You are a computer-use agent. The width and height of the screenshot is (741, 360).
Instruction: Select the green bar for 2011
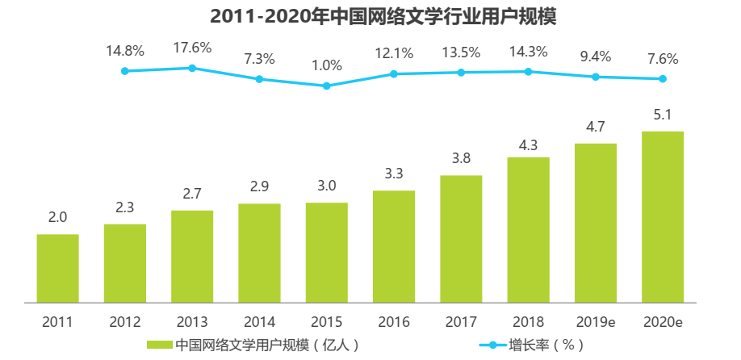pyautogui.click(x=57, y=268)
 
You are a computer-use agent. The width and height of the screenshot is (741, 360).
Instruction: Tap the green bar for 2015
pyautogui.click(x=326, y=252)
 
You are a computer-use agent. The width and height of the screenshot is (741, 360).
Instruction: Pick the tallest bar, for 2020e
pyautogui.click(x=663, y=216)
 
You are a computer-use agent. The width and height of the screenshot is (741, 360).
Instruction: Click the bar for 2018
pyautogui.click(x=528, y=229)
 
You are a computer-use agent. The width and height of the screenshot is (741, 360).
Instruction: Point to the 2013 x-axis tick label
pyautogui.click(x=192, y=322)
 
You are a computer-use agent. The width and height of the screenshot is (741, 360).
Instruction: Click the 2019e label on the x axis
pyautogui.click(x=596, y=322)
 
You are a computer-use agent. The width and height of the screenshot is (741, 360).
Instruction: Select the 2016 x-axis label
pyautogui.click(x=394, y=322)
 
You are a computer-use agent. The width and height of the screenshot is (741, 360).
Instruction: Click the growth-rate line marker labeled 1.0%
pyautogui.click(x=327, y=86)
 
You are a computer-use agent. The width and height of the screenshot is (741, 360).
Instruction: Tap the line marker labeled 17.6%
pyautogui.click(x=192, y=68)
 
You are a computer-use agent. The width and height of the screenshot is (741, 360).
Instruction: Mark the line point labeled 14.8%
pyautogui.click(x=125, y=71)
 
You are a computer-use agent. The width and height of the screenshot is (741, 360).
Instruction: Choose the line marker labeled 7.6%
pyautogui.click(x=663, y=79)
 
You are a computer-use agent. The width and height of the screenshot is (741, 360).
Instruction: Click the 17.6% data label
pyautogui.click(x=192, y=48)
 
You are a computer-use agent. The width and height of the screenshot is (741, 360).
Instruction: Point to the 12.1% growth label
pyautogui.click(x=394, y=53)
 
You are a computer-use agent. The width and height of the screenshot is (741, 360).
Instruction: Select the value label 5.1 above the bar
pyautogui.click(x=663, y=115)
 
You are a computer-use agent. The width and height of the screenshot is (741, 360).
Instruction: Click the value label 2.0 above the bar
pyautogui.click(x=57, y=217)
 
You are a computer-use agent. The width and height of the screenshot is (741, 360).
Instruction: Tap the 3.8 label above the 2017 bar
pyautogui.click(x=461, y=158)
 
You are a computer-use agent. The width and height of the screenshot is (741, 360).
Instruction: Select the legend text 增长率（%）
pyautogui.click(x=546, y=345)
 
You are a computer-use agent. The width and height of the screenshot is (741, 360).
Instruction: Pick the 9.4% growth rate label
pyautogui.click(x=596, y=57)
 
